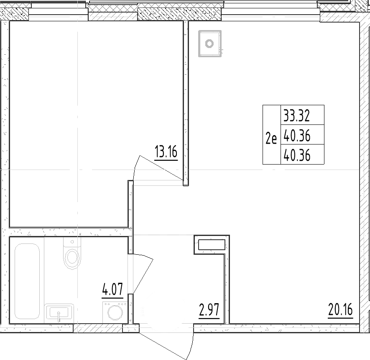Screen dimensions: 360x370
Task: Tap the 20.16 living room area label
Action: (341, 311)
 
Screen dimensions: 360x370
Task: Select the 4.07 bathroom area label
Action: (112, 289)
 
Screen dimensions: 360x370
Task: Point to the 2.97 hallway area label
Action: (209, 311)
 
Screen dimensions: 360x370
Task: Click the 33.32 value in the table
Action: (296, 114)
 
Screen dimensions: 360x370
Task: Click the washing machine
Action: (114, 311)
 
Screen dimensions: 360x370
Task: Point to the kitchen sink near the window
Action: (209, 43)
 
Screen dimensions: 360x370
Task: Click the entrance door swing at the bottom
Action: (167, 342)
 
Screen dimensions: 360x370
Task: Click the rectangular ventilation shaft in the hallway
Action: (211, 245)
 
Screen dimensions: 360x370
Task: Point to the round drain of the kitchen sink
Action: (209, 43)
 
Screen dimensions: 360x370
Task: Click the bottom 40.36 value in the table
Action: (296, 155)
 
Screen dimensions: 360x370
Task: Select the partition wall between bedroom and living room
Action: (186, 100)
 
